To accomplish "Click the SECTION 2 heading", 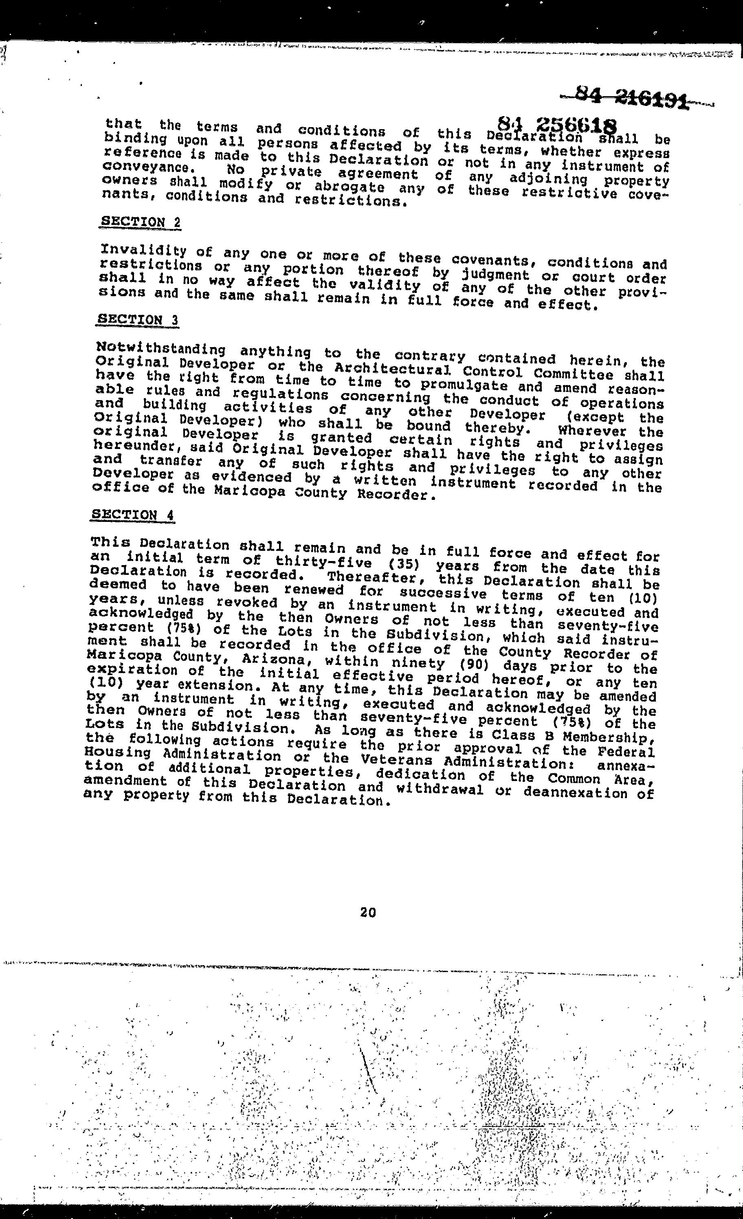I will tap(141, 222).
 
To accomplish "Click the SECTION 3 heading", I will tap(138, 319).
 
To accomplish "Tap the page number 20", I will tap(368, 912).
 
